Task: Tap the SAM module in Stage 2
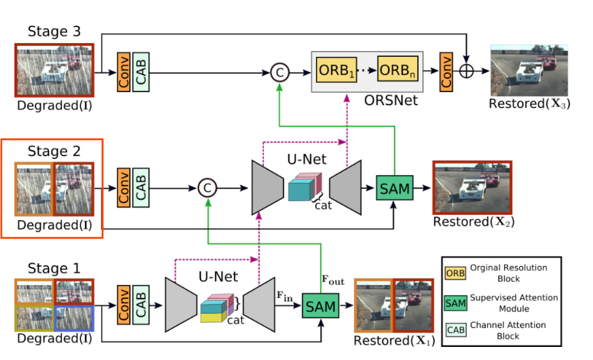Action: point(395,189)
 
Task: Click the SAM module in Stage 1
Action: point(321,305)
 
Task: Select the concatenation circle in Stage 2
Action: point(206,188)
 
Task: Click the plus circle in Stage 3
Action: point(466,72)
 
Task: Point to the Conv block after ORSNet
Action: point(447,71)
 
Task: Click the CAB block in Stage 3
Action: point(141,71)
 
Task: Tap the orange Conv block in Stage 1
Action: point(123,304)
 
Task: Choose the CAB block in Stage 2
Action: point(140,188)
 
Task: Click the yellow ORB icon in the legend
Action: point(456,272)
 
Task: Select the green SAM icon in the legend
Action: point(456,302)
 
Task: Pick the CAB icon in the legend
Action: point(456,330)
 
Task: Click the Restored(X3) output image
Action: point(529,71)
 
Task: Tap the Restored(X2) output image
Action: point(472,187)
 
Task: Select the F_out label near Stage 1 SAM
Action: point(333,282)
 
